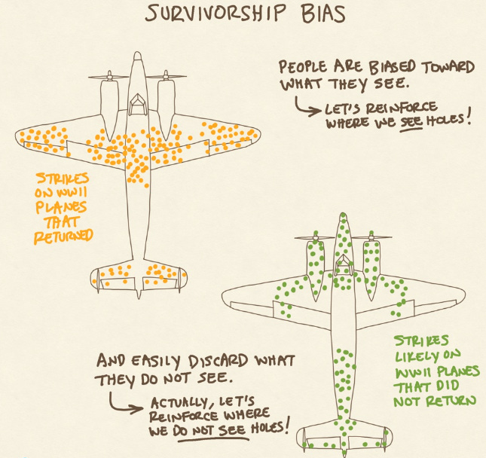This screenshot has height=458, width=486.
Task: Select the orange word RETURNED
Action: [62, 235]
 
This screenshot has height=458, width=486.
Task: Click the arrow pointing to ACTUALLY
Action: [125, 405]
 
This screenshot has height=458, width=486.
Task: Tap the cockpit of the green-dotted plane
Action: [343, 263]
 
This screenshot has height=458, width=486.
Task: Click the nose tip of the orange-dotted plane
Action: [137, 55]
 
